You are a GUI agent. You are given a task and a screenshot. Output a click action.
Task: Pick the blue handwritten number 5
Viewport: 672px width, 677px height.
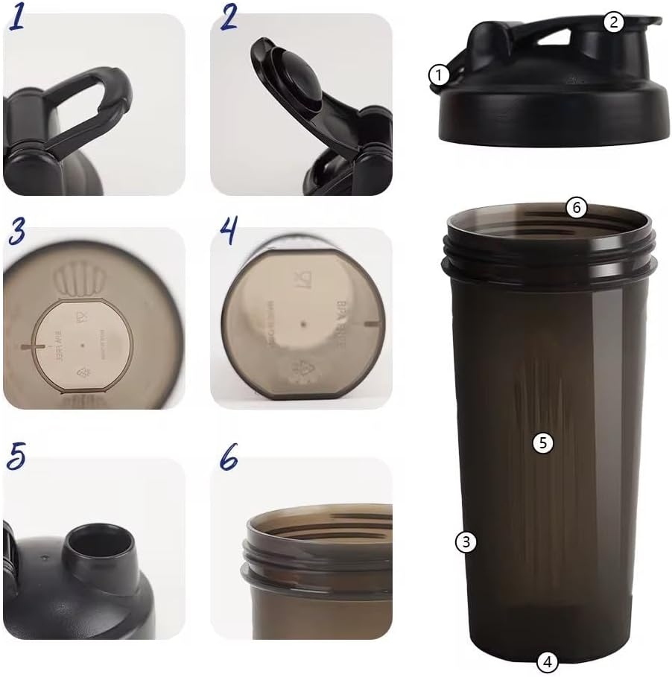click(x=16, y=457)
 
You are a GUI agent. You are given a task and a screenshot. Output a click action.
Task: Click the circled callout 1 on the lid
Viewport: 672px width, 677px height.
click(x=440, y=74)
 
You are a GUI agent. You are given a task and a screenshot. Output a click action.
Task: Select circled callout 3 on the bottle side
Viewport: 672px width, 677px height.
click(x=465, y=542)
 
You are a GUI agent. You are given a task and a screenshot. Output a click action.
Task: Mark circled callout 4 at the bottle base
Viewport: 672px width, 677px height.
click(x=547, y=661)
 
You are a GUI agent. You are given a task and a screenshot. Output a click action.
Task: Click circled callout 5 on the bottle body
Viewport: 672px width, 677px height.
click(x=543, y=442)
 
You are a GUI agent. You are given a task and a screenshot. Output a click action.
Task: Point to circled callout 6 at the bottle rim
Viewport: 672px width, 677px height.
click(x=576, y=208)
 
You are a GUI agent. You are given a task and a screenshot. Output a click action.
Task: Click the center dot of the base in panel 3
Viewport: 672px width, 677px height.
click(x=80, y=346)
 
